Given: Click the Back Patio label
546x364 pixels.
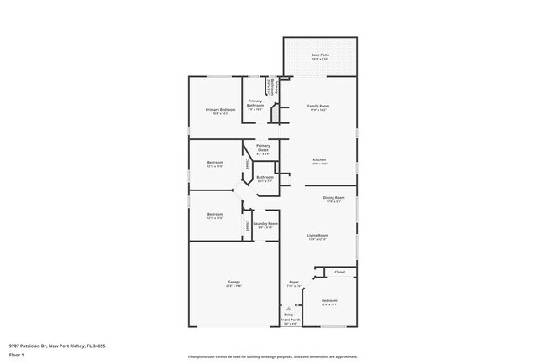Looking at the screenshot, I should (x=319, y=55).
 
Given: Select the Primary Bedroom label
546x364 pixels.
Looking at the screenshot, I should (x=215, y=111).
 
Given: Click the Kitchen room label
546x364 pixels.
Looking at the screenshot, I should (x=319, y=160).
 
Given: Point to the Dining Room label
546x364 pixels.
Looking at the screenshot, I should (x=333, y=199).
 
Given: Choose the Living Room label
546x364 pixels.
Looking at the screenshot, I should (x=318, y=237).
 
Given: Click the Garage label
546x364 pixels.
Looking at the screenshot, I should (x=234, y=283).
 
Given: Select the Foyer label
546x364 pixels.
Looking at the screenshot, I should (x=294, y=283).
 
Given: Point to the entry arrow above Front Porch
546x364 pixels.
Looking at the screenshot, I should (x=289, y=308).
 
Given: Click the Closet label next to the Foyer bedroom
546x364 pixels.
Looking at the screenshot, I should (x=340, y=273).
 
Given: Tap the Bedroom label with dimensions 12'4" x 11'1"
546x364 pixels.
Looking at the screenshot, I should (x=329, y=301).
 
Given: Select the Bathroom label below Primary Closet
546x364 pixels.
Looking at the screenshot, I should (x=265, y=178).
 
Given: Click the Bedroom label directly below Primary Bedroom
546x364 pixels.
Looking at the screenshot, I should (x=215, y=164).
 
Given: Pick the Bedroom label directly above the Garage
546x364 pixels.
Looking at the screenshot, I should (x=215, y=215).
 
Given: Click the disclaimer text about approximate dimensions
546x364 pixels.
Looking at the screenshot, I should (x=273, y=356).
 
